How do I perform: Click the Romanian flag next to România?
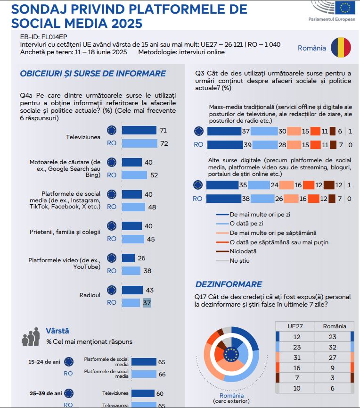(341, 48)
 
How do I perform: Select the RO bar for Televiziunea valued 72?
(139, 143)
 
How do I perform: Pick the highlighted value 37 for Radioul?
(147, 303)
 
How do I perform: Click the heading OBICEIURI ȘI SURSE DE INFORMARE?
(93, 74)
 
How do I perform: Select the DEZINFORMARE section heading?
(229, 284)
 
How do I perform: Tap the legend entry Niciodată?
(243, 251)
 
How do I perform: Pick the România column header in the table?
(335, 326)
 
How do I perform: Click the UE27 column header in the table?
(297, 326)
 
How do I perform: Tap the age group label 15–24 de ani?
(44, 362)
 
